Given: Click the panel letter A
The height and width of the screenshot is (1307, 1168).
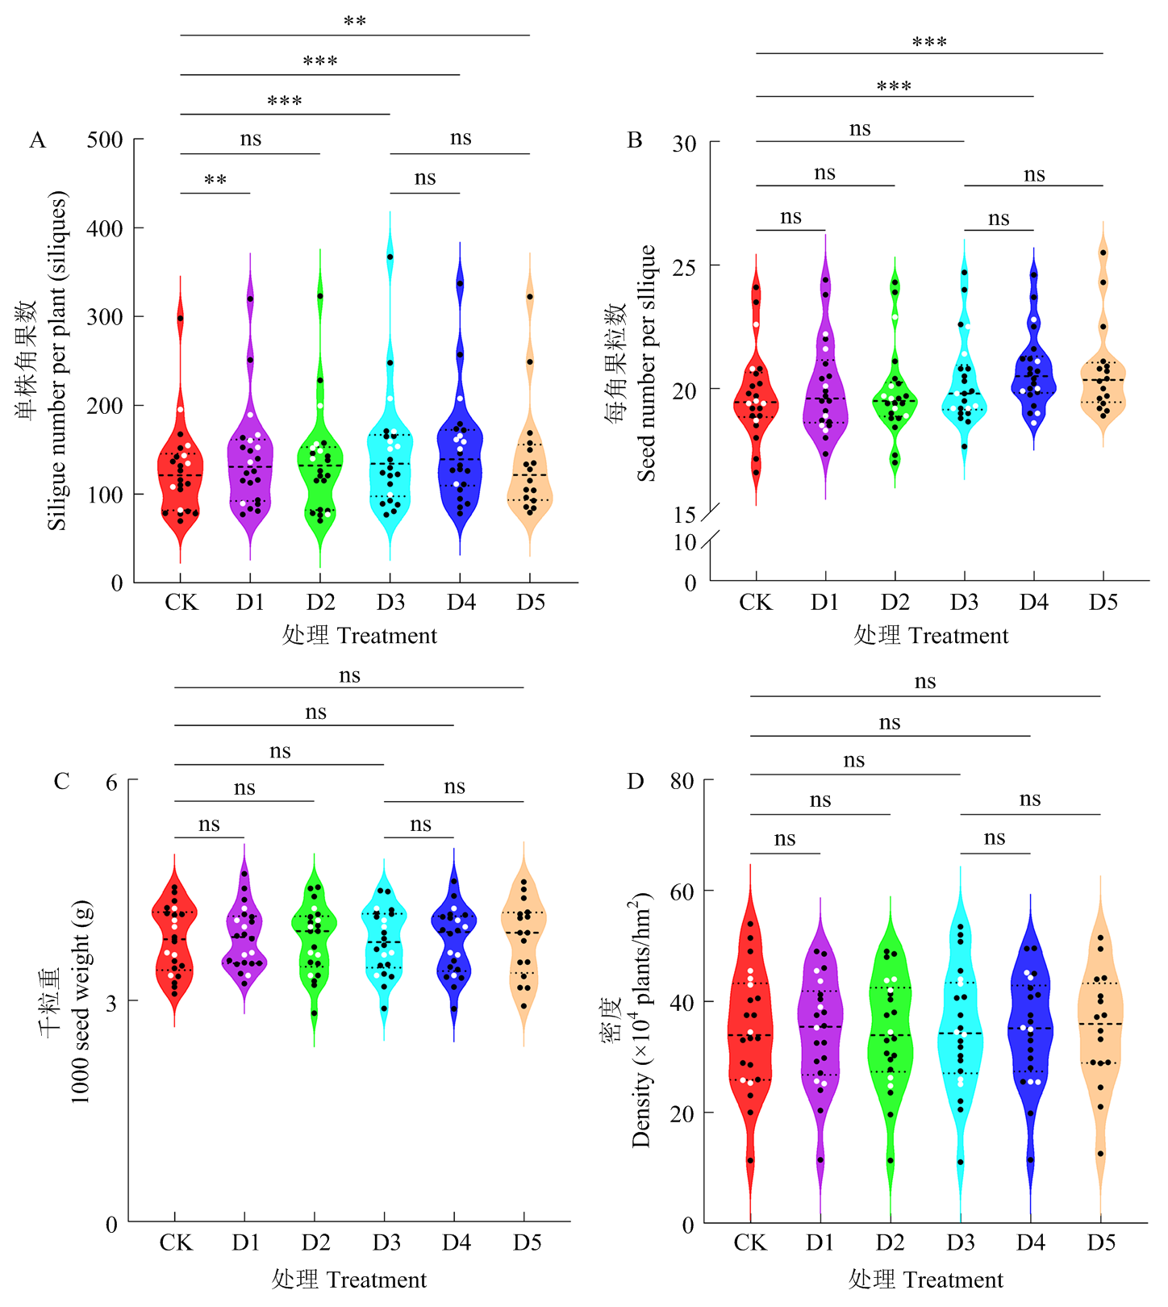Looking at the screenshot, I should pos(37,140).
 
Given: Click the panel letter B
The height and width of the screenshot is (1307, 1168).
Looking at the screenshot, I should pos(635,140).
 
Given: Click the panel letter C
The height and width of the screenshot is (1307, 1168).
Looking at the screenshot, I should pos(61,781).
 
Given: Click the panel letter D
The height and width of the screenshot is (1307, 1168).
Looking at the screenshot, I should pos(636,781).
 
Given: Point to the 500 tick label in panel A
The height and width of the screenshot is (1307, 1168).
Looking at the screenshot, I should pos(105,140).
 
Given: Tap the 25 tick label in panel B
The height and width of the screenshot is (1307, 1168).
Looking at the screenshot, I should pos(684,266).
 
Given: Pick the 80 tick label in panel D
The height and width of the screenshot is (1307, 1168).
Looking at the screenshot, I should pos(682,781).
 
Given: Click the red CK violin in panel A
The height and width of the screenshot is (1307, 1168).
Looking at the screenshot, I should pos(180,476).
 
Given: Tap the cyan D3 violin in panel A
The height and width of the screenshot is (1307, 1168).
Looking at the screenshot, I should pos(390,468).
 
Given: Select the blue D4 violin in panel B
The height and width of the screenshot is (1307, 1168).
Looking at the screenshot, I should pos(1033,379).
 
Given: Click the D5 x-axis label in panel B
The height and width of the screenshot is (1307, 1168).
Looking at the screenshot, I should pos(1103,603).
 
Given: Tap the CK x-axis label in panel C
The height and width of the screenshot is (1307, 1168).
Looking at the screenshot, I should pos(175,1242).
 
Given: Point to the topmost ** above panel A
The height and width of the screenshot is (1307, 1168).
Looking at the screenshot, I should pos(355,22).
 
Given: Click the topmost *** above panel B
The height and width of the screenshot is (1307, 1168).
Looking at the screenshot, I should pos(929,42).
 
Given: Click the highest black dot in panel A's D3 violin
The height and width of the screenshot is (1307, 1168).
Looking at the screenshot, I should pos(390,257).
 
